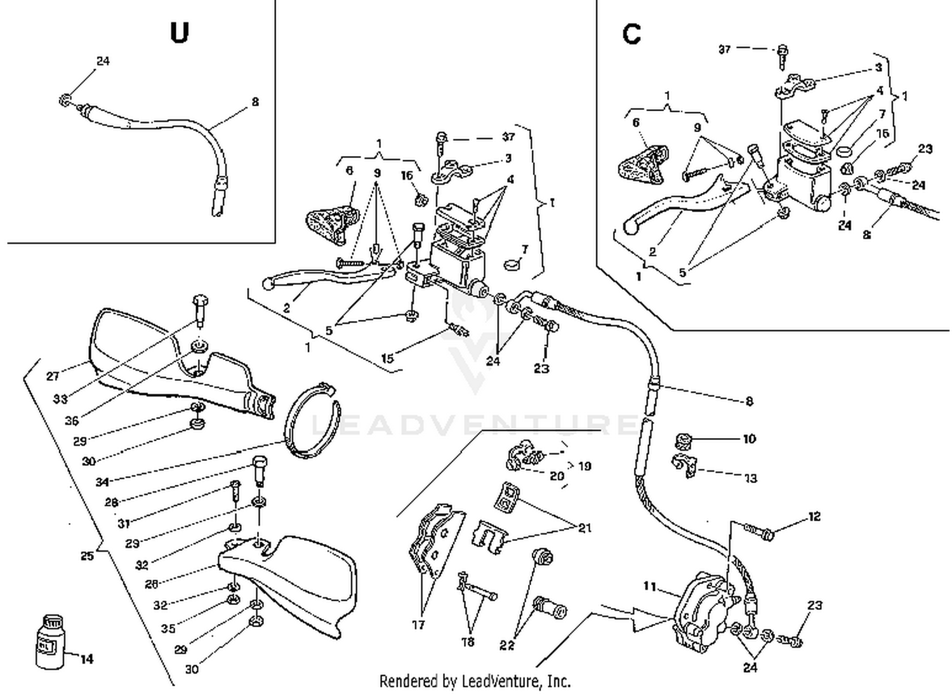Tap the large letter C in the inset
631,34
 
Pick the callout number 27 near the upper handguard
53,376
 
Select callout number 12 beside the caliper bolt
814,517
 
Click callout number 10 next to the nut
749,439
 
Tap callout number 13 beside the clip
750,478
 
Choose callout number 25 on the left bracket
87,556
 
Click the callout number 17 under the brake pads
418,625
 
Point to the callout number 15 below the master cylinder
387,359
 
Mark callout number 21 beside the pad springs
585,528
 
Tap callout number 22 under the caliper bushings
506,646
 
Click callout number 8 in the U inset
255,102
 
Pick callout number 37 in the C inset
725,49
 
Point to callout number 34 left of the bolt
102,482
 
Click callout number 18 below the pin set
468,642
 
